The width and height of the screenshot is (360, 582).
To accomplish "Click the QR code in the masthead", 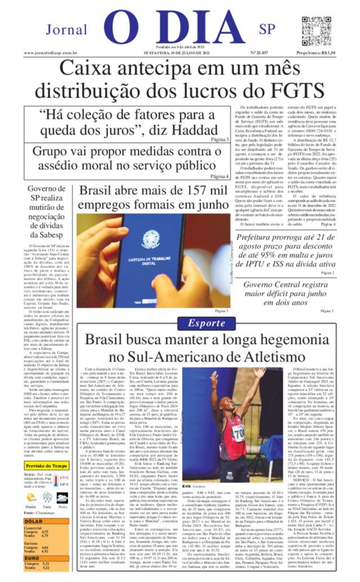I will pos(316,31).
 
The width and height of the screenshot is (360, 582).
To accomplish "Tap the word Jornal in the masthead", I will pos(66,30).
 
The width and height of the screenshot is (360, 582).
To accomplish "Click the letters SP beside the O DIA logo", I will pos(267,29).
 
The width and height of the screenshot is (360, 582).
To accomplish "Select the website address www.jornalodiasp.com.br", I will pos(50,53).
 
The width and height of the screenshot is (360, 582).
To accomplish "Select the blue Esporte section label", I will pos(206,323).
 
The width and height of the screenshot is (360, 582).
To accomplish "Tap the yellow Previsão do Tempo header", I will pos(46,466).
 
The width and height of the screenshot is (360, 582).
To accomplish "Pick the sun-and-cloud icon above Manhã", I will pos(31,498).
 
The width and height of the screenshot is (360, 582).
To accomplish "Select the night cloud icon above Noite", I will pos(63,498).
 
